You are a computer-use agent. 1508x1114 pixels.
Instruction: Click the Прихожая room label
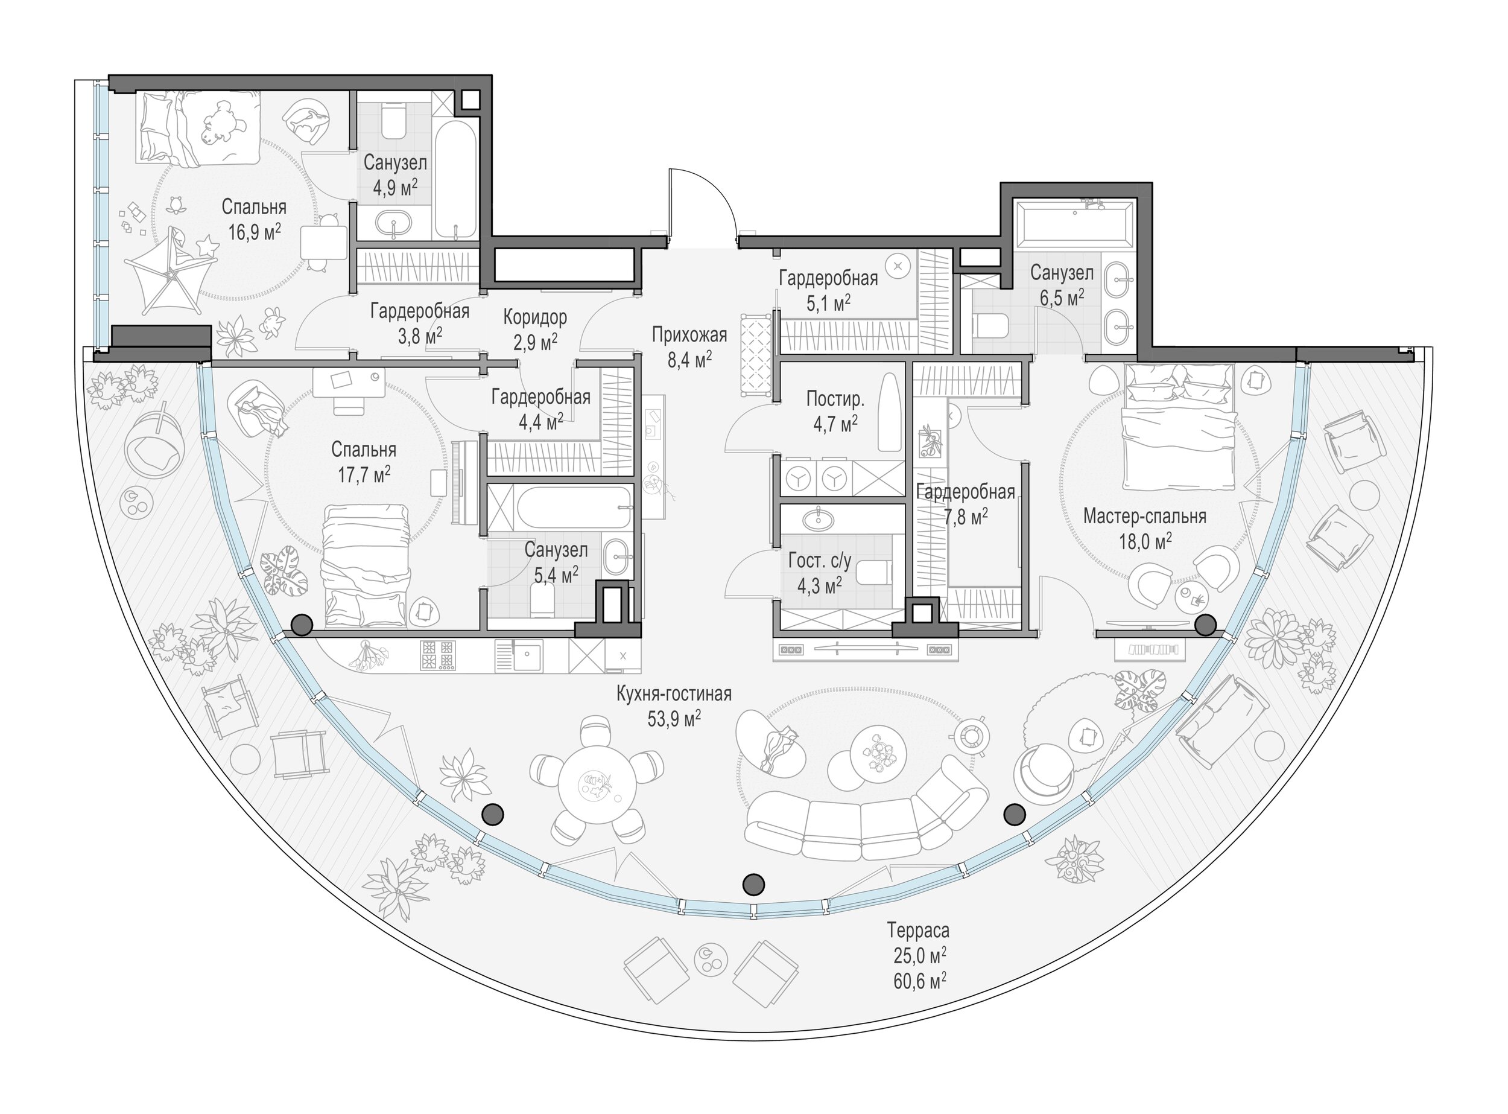click(x=689, y=334)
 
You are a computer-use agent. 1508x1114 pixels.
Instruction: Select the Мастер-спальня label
click(x=1145, y=517)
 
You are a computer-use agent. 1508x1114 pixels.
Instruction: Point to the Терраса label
click(x=918, y=931)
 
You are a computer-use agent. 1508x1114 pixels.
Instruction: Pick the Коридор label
click(x=535, y=316)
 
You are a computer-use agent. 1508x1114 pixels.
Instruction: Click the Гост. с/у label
click(x=820, y=561)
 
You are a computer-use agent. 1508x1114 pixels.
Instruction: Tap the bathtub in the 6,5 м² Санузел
click(x=1074, y=225)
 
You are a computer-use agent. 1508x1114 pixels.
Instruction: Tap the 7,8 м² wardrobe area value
click(x=965, y=517)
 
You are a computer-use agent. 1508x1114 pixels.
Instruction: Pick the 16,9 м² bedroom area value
click(x=254, y=233)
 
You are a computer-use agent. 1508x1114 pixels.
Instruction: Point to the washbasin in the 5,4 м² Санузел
click(x=616, y=557)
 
